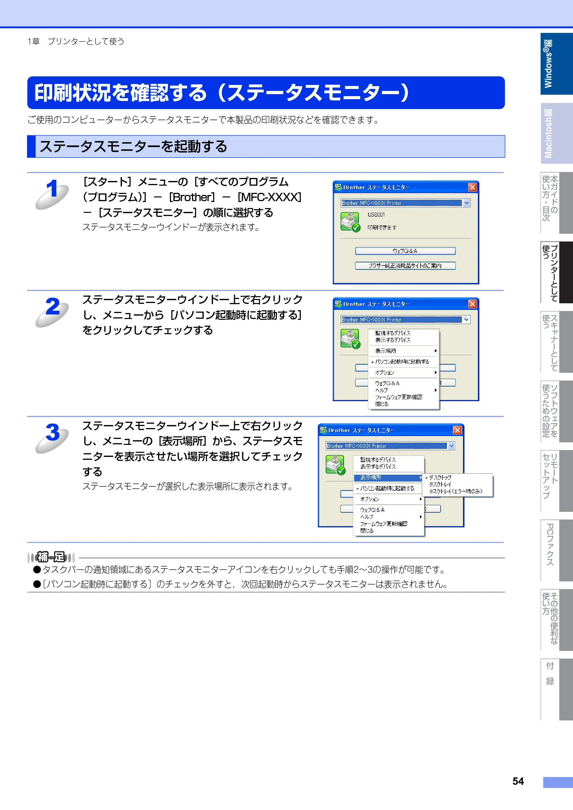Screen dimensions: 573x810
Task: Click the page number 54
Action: coord(518,781)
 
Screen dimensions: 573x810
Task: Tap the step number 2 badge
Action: coord(52,312)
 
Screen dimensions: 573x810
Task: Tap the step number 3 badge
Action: coord(52,438)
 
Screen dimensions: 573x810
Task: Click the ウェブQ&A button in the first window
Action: coord(405,251)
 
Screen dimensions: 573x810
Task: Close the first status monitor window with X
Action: coord(472,187)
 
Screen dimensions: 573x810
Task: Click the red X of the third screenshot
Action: coord(458,430)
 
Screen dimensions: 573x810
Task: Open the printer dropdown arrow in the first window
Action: coord(466,203)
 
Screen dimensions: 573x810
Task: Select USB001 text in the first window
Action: coord(376,215)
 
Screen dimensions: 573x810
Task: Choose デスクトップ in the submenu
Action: coord(440,477)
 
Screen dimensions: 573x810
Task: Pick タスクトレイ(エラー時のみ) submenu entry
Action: coord(455,491)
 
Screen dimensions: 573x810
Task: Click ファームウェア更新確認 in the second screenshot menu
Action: coord(399,397)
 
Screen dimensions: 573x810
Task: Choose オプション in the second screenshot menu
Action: coord(384,373)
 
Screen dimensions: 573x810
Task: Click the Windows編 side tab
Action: coord(556,64)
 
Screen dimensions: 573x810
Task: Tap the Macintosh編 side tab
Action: coord(556,133)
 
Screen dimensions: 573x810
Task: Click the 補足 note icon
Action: coord(51,557)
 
